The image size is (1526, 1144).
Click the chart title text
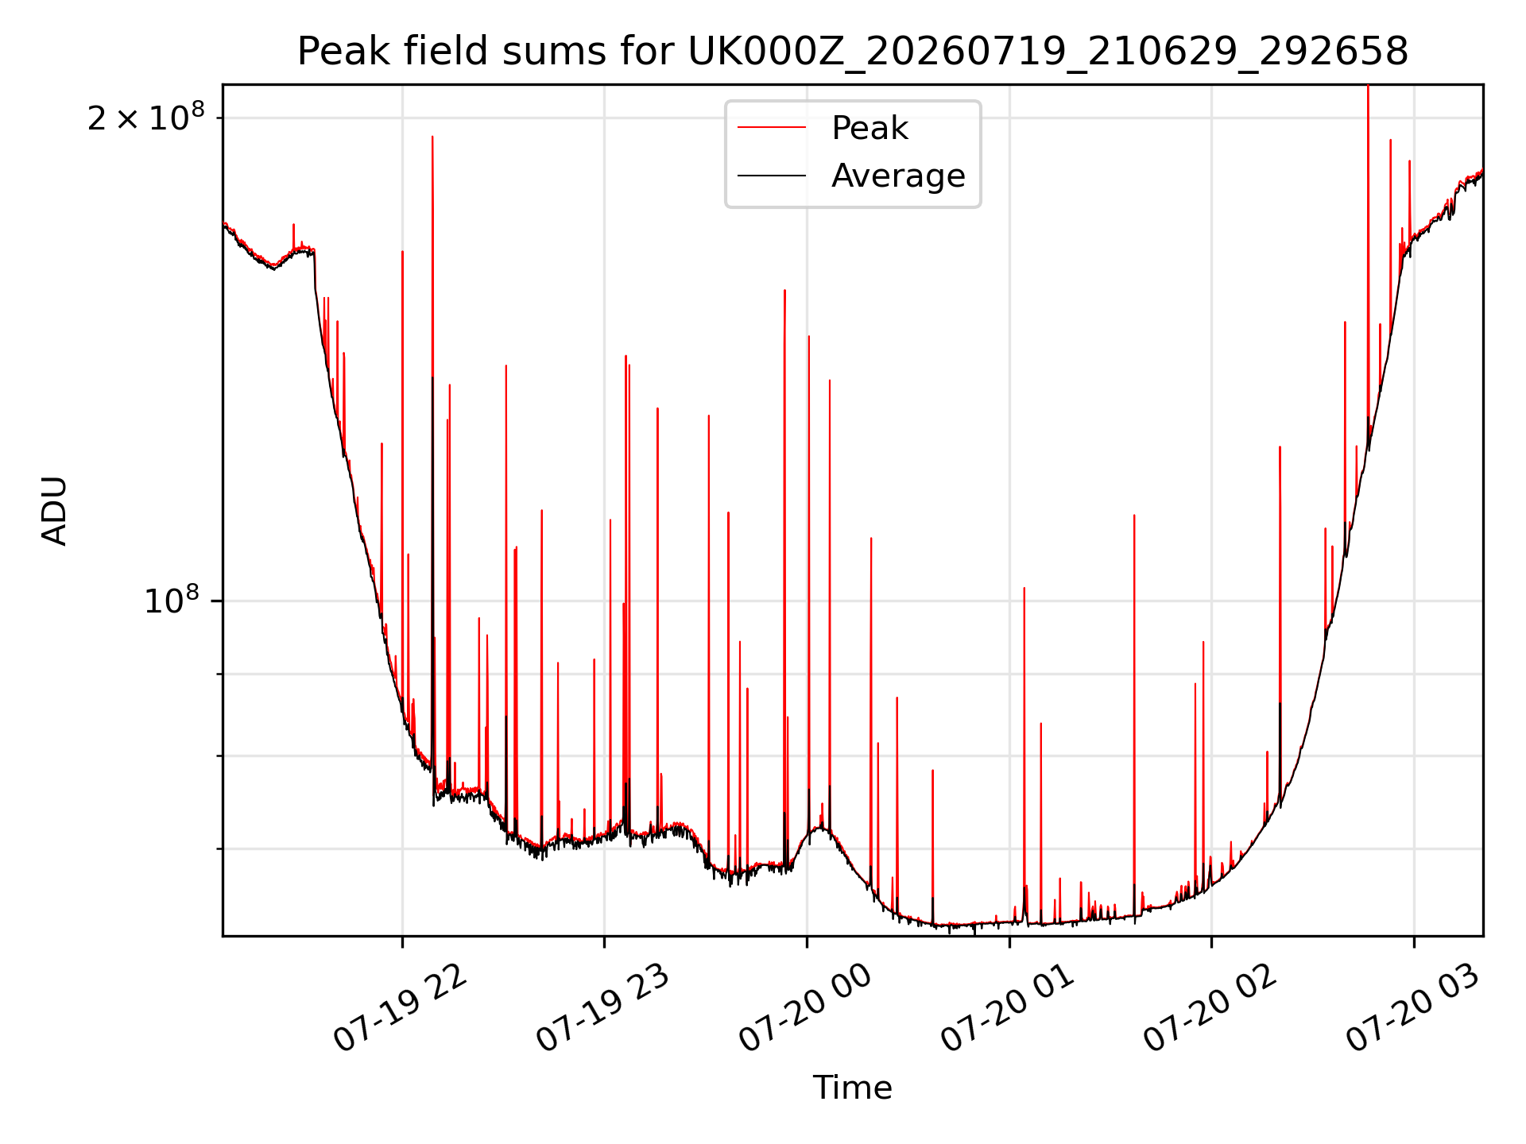point(853,52)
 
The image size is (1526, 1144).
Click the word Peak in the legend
point(870,128)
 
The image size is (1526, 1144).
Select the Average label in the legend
point(898,176)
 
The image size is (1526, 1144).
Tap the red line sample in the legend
point(772,128)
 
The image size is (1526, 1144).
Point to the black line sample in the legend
point(772,176)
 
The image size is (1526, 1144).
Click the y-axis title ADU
point(55,511)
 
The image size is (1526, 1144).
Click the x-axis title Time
point(852,1088)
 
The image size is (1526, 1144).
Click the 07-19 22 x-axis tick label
point(399,1009)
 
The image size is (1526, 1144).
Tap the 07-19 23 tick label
point(602,1009)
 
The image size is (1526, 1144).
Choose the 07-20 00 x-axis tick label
point(804,1009)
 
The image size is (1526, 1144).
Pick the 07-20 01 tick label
point(1007,1009)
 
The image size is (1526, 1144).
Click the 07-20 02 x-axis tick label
point(1210,1009)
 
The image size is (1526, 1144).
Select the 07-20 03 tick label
point(1412,1009)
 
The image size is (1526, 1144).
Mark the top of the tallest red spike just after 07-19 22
point(432,137)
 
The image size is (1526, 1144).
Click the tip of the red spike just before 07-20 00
point(784,291)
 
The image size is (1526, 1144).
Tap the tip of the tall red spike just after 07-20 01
point(1024,589)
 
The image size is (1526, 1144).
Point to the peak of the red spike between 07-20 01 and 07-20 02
point(1134,516)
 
